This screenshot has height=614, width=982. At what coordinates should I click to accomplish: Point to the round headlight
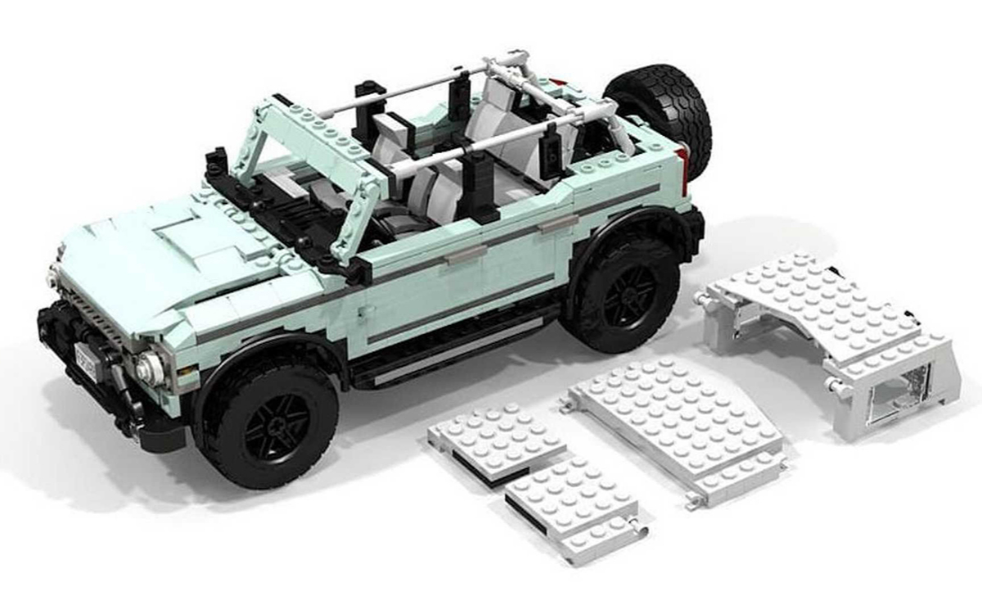tap(150, 369)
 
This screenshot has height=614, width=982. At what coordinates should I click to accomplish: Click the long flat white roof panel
tap(675, 426)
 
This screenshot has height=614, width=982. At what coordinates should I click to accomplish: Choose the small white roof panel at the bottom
tap(573, 503)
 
